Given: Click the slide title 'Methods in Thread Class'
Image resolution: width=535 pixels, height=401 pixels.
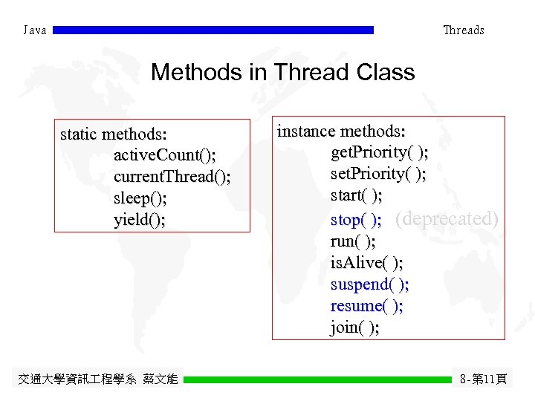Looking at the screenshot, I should click(x=282, y=73).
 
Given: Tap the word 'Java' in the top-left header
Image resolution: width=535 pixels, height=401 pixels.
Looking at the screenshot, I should click(x=35, y=30).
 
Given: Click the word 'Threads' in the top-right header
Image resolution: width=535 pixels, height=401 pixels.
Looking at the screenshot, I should click(x=463, y=30).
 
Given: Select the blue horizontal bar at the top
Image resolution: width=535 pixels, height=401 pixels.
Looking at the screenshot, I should click(x=213, y=30).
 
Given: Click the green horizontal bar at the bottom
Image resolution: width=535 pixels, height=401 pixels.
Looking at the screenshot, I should click(x=317, y=379).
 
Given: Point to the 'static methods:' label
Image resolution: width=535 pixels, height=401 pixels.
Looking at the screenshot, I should click(x=113, y=134).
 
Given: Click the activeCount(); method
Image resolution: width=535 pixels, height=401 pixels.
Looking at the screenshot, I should click(x=165, y=156).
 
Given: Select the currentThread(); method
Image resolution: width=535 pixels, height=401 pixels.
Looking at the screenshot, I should click(x=172, y=177).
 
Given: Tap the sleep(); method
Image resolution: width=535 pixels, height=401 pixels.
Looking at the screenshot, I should click(x=140, y=198).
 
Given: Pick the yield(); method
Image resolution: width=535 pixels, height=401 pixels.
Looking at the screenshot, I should click(x=140, y=220).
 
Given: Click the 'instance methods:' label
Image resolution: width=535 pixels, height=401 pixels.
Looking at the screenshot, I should click(x=341, y=131).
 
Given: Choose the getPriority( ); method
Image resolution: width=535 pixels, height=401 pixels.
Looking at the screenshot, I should click(x=379, y=153).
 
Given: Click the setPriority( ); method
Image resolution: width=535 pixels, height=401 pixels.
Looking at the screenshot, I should click(x=378, y=175).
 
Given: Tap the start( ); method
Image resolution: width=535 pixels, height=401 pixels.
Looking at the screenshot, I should click(x=357, y=196).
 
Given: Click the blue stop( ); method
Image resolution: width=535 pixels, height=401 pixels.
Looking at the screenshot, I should click(x=356, y=220).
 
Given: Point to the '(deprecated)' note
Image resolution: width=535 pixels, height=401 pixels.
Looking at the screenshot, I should click(x=447, y=218).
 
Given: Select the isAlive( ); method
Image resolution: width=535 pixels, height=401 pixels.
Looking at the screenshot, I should click(x=367, y=262).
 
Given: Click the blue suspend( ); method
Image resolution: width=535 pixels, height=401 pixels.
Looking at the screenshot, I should click(x=369, y=284).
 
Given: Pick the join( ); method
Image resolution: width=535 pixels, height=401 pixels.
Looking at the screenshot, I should click(x=354, y=327).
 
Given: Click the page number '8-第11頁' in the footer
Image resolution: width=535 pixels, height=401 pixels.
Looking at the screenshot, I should click(x=484, y=379).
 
